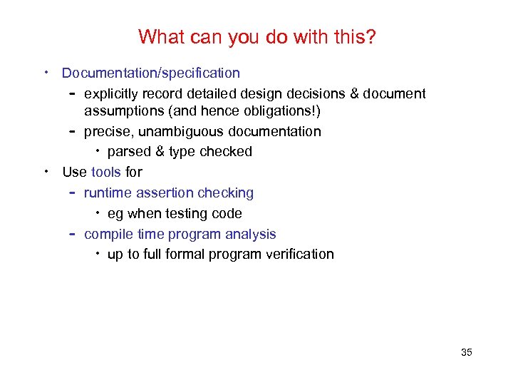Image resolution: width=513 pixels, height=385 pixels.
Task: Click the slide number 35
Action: [x=467, y=352]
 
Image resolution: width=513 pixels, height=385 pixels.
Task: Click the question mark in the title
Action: [x=370, y=37]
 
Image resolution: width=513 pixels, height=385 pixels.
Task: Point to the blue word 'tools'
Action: [x=106, y=172]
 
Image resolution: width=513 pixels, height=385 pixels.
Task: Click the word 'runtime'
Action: [x=108, y=192]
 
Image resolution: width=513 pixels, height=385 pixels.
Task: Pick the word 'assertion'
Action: [x=165, y=192]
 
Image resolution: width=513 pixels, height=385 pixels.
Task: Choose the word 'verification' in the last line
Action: [x=299, y=254]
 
